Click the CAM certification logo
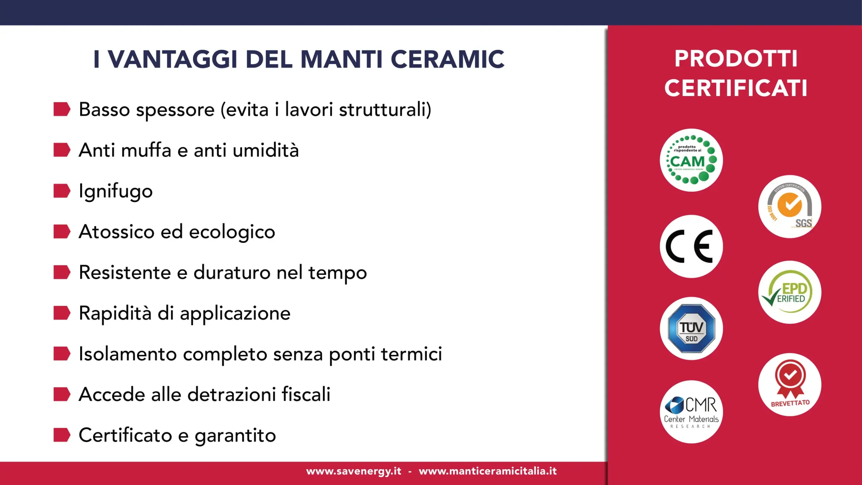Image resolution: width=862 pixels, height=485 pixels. point(691,160)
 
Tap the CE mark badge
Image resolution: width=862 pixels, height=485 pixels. point(691,247)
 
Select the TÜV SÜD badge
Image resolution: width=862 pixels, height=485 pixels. point(691,328)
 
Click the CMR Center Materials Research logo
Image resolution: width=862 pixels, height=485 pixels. point(691,412)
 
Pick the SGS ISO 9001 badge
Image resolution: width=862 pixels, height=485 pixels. point(790,206)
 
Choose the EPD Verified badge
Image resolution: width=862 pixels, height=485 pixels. point(790,292)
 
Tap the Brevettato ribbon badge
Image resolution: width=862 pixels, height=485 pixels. point(790,385)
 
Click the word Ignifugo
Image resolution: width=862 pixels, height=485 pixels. point(115,191)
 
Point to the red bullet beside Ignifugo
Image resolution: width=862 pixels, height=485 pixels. point(62,191)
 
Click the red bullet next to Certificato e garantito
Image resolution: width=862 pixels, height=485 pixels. point(62,435)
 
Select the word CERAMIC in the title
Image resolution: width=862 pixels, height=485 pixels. point(447,59)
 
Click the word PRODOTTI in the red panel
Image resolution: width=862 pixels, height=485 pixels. point(736,59)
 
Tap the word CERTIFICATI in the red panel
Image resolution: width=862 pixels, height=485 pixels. point(736,88)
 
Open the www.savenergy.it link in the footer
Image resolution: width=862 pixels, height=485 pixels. point(354,471)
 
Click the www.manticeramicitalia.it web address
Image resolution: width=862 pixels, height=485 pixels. point(488,471)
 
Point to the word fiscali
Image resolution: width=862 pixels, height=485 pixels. point(306,394)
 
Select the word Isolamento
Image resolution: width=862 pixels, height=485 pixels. point(128,354)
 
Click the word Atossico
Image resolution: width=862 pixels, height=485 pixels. point(117,232)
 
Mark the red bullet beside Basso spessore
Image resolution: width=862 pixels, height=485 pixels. point(62,109)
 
